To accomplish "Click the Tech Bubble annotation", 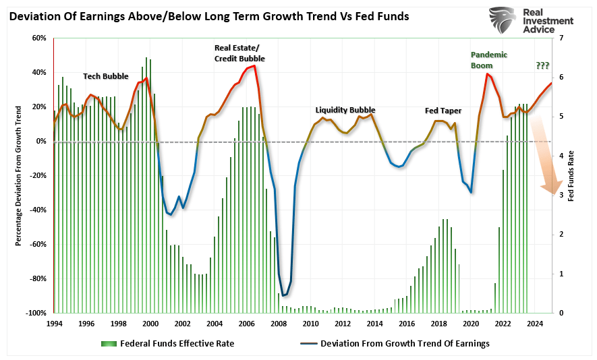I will tap(105, 76).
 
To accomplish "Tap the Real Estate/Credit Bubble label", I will tap(239, 53).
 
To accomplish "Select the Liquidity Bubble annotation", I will tap(345, 110).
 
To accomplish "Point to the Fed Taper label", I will tap(443, 110).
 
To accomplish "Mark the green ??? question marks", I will tap(542, 65).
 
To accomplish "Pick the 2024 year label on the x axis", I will tap(535, 323).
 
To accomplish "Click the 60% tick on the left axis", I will tap(38, 38).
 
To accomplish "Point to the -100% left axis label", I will tap(35, 313).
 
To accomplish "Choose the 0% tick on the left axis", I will tap(41, 141).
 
